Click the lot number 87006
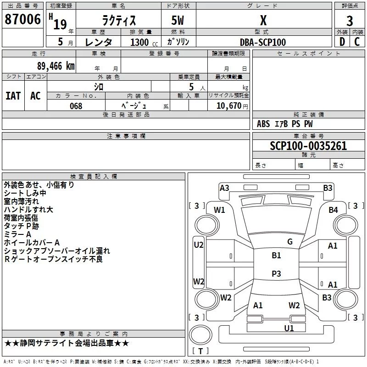coord(22,20)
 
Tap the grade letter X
coord(263,21)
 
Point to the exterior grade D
coord(341,42)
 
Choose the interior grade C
coord(357,42)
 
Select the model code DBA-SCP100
coord(263,42)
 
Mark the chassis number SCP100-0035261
coord(308,146)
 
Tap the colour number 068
coord(76,106)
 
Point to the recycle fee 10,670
coord(228,106)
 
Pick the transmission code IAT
coord(13,95)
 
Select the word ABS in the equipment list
coord(263,124)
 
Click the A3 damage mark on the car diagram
coord(224,188)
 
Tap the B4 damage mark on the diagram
coord(333,210)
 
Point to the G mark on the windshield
coord(289,241)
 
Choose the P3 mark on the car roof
coord(276,273)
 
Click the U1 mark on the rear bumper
coord(289,328)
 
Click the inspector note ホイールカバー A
coord(32,242)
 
